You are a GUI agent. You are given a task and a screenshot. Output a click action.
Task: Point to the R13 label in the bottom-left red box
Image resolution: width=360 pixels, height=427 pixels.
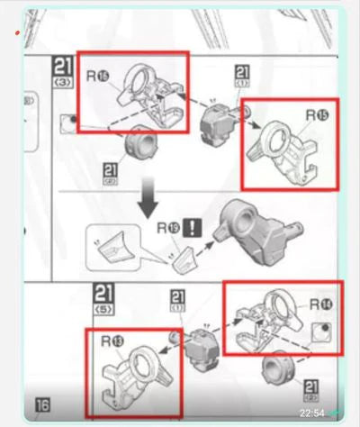[x=114, y=341]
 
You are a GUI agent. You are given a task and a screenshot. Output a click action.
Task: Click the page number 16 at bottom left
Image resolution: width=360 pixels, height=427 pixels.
[x=42, y=406]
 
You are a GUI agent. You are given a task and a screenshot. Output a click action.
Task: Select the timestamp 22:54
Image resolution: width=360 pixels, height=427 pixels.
[x=311, y=413]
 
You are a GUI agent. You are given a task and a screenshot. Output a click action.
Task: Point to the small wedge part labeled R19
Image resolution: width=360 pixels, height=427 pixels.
[x=186, y=258]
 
